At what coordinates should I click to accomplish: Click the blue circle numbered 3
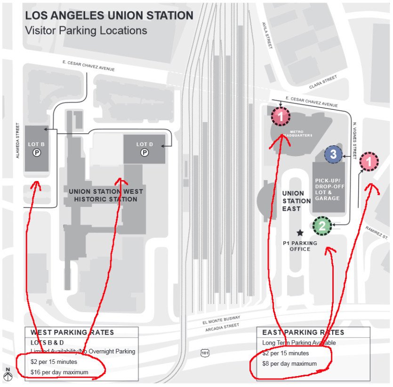point(333,154)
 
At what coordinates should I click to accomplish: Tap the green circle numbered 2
point(322,226)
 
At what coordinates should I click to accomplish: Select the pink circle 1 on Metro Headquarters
point(281,115)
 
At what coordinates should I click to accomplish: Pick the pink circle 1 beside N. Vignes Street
point(369,162)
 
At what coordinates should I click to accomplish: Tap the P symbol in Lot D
point(144,153)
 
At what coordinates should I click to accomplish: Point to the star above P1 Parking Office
point(300,232)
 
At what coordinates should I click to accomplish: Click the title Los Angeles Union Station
point(109,16)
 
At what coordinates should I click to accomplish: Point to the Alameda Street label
point(18,140)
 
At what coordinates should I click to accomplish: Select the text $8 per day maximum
point(289,363)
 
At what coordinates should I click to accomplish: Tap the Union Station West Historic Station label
point(106,195)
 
